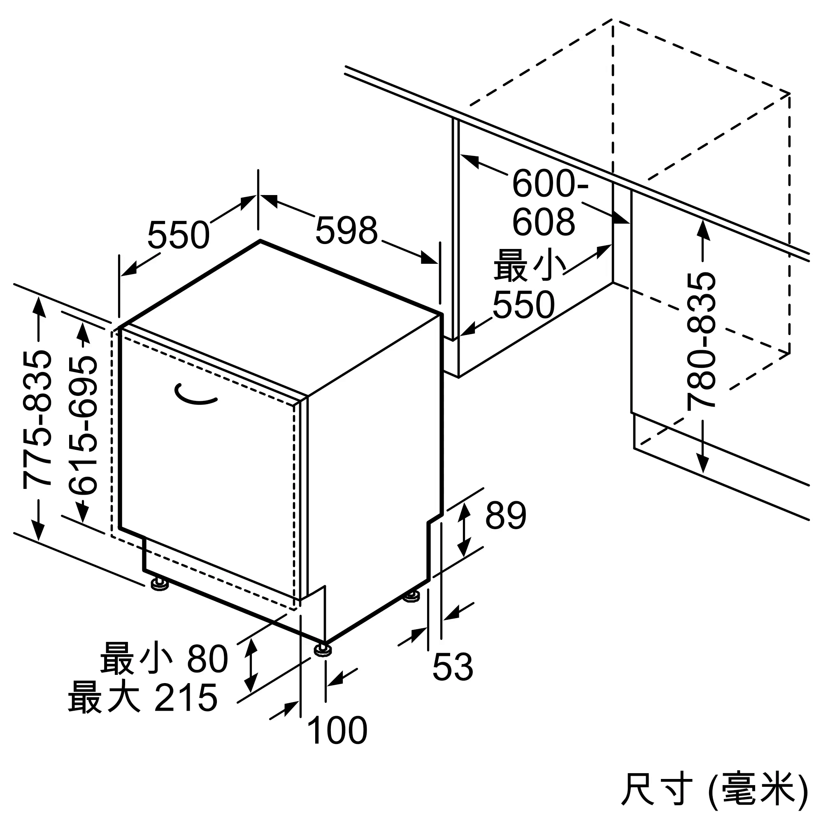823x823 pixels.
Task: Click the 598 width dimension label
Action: (346, 230)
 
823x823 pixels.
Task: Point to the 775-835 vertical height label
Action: (37, 419)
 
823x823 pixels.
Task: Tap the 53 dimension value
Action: (452, 667)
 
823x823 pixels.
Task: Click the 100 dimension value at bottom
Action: (337, 730)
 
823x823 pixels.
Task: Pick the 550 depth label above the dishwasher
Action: (179, 235)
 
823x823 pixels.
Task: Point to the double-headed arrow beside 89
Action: (464, 530)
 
